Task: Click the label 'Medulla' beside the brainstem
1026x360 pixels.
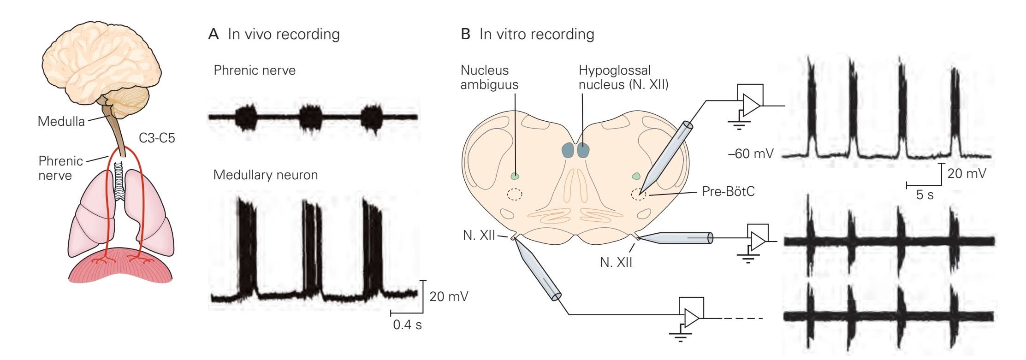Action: point(61,122)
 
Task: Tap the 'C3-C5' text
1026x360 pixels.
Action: point(157,138)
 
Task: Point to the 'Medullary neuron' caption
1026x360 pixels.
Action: point(265,175)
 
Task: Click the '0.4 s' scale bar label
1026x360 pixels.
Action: point(407,325)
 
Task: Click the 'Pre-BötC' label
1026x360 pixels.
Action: point(728,191)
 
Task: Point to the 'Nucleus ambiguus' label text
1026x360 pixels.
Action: point(489,77)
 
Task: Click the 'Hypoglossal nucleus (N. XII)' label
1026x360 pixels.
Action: point(623,77)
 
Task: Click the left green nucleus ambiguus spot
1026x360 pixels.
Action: point(515,176)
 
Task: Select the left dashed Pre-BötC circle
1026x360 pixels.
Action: point(514,195)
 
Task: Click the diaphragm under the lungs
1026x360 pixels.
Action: point(121,270)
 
